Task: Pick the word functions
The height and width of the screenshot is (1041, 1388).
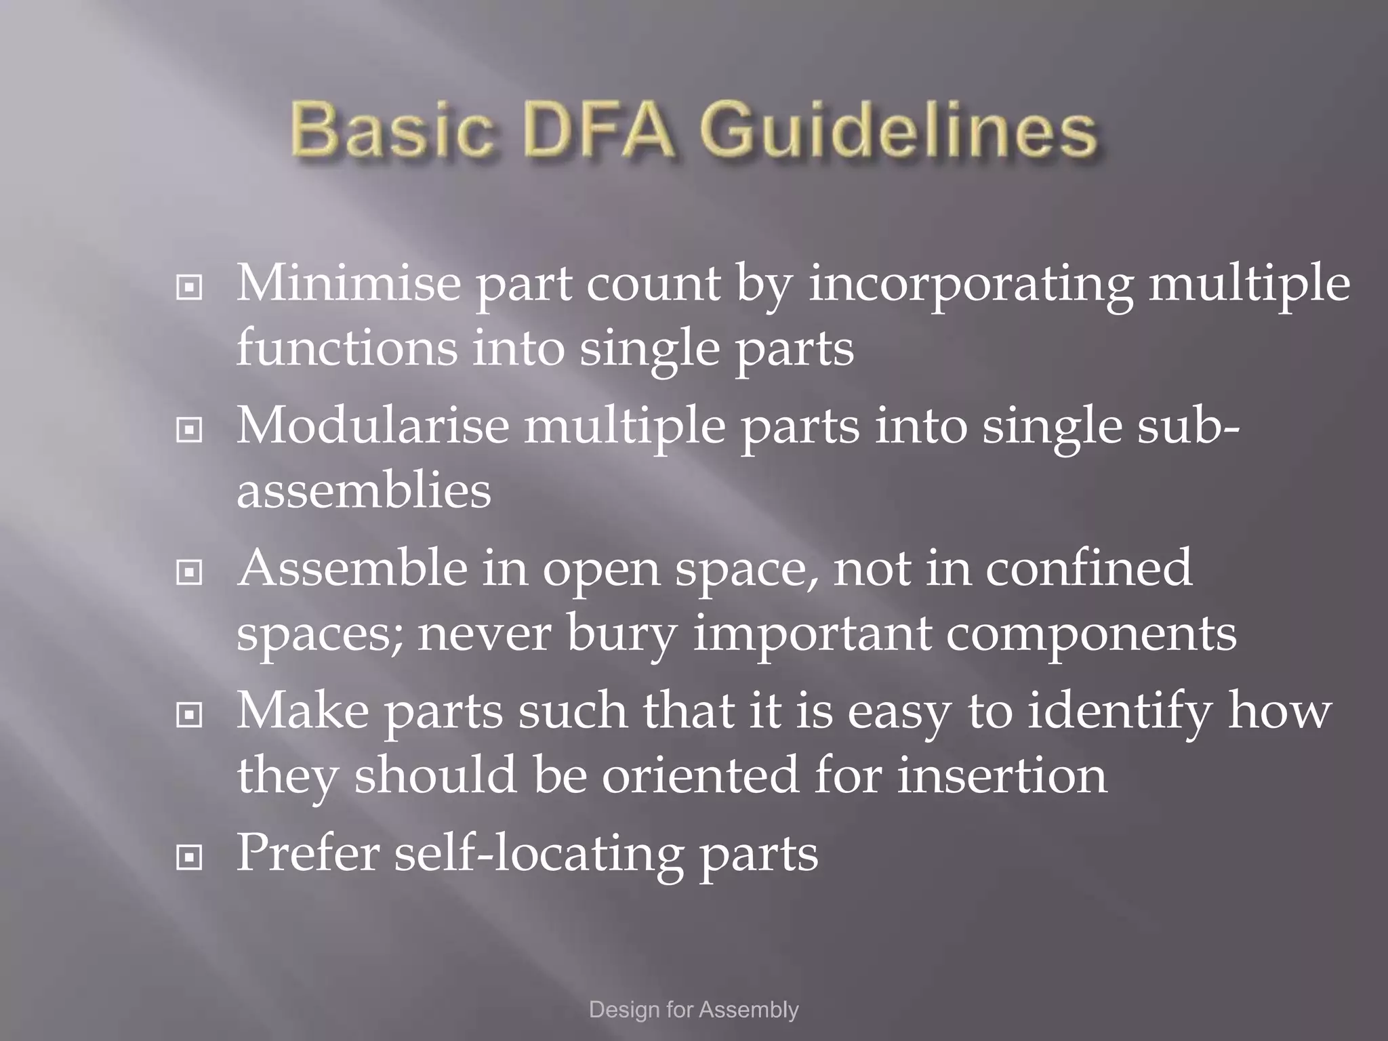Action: pos(346,348)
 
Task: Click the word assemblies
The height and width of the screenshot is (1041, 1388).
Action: pos(364,490)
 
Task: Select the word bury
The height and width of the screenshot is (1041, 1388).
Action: pos(622,634)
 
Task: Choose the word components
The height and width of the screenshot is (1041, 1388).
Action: pos(1091,634)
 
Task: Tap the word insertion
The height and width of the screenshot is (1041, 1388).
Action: pos(1002,775)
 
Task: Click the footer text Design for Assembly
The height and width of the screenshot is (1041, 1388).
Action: pos(694,1010)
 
